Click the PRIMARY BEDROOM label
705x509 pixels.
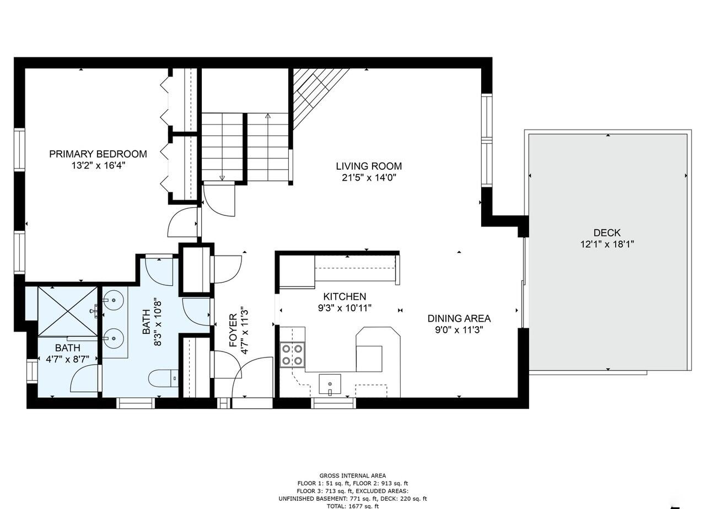point(98,154)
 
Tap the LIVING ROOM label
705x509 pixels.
point(369,166)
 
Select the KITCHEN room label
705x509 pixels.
point(345,297)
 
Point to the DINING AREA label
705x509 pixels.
point(459,318)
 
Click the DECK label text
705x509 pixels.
point(607,232)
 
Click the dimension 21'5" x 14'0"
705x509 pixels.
point(369,177)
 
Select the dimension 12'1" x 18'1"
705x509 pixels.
point(607,244)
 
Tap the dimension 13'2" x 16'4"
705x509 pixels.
point(98,165)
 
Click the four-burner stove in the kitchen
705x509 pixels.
point(292,354)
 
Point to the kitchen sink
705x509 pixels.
point(330,384)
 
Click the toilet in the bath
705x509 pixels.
point(163,378)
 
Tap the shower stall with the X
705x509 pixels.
point(67,311)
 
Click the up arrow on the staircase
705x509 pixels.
point(268,117)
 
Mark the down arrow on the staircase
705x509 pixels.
point(222,177)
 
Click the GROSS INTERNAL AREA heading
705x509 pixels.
point(353,475)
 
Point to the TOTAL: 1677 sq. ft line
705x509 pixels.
point(353,506)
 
